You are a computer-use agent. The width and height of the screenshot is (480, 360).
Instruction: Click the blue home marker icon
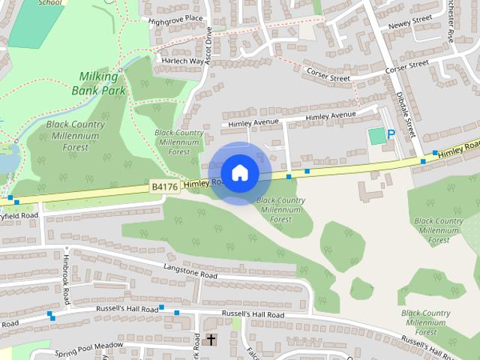pos(239,172)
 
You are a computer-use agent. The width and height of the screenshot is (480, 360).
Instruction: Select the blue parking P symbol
pos(391,135)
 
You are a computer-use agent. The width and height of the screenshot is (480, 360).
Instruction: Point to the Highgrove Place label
pos(176,18)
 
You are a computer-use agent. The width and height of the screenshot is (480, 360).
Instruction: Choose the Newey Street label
pos(410,22)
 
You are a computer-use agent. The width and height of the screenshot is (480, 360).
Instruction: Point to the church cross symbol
pos(211,340)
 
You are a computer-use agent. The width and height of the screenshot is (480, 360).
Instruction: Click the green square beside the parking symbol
pos(376,136)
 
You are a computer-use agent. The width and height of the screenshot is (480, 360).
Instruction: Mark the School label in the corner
pos(50,3)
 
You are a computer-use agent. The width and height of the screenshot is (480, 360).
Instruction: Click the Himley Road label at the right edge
pos(459,148)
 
